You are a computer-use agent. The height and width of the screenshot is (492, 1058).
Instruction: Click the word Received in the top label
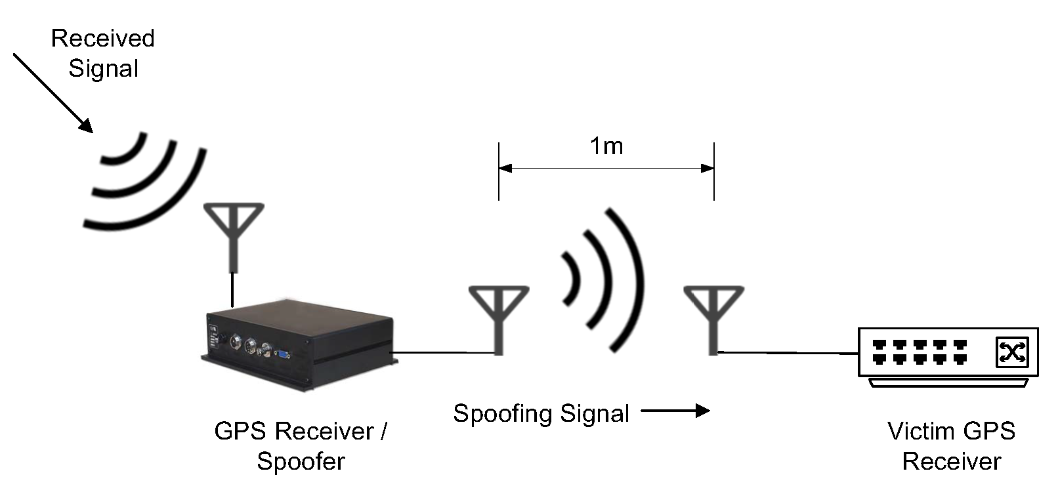pyautogui.click(x=102, y=38)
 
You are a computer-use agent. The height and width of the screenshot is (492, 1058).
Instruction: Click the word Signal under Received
pyautogui.click(x=103, y=68)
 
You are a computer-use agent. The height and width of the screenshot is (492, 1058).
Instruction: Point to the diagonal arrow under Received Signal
pyautogui.click(x=52, y=92)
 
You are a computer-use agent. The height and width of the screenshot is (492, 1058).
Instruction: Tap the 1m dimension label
pyautogui.click(x=606, y=146)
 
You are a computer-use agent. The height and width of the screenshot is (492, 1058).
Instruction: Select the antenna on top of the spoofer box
pyautogui.click(x=234, y=236)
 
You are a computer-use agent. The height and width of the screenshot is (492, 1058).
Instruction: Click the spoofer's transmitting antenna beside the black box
pyautogui.click(x=499, y=318)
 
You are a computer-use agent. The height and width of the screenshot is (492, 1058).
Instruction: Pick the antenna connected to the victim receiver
pyautogui.click(x=713, y=318)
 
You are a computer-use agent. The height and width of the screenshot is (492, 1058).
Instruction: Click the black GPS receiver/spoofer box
pyautogui.click(x=299, y=344)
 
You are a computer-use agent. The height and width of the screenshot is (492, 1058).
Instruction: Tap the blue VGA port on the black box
pyautogui.click(x=283, y=354)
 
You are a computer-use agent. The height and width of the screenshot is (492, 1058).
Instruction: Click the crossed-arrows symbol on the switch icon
pyautogui.click(x=1011, y=352)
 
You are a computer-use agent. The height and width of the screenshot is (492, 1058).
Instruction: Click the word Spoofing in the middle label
pyautogui.click(x=503, y=413)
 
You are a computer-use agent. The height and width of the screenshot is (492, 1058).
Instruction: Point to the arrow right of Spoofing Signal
pyautogui.click(x=676, y=411)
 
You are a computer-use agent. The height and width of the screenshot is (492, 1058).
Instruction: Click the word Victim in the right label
pyautogui.click(x=915, y=431)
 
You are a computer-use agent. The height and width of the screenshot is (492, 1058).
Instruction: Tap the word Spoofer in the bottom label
pyautogui.click(x=300, y=461)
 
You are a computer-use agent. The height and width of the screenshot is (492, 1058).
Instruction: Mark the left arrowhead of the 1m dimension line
pyautogui.click(x=505, y=169)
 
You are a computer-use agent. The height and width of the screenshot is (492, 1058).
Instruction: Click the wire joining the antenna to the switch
pyautogui.click(x=788, y=353)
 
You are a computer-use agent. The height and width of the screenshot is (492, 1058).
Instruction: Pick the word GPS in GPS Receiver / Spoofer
pyautogui.click(x=241, y=431)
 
